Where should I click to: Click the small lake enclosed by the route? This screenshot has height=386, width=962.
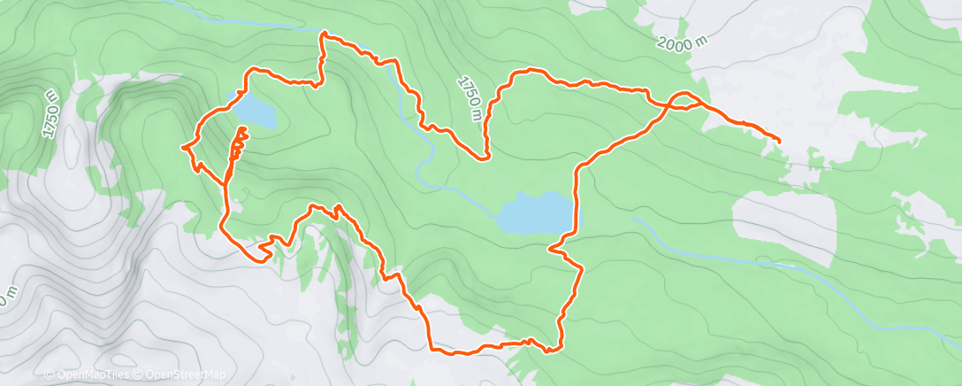pyautogui.click(x=255, y=112)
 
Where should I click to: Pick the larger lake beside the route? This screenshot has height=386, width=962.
pyautogui.click(x=536, y=212)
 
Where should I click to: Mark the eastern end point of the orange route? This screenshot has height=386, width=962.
pyautogui.click(x=779, y=141)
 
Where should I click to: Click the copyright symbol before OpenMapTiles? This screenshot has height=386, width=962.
pyautogui.click(x=50, y=375)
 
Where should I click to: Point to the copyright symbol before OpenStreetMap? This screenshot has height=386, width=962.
pyautogui.click(x=138, y=375)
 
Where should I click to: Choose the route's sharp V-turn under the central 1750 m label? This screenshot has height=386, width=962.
pyautogui.click(x=485, y=158)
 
